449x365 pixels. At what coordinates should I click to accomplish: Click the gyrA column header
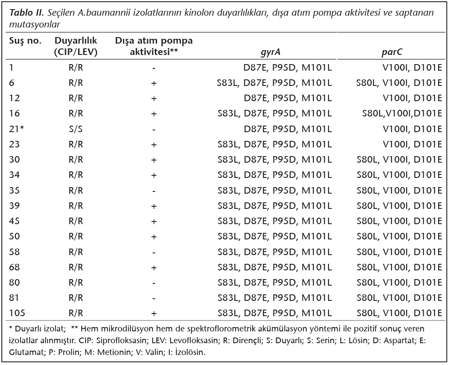(271, 52)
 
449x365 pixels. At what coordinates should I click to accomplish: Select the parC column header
(392, 52)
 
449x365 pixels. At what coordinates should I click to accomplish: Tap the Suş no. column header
(25, 41)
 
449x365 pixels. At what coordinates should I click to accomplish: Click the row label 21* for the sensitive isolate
(16, 129)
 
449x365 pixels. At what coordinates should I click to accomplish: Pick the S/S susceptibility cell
(75, 129)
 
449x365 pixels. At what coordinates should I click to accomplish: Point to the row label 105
(17, 313)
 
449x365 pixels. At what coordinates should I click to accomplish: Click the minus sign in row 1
(154, 68)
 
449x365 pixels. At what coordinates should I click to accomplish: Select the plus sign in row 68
(154, 268)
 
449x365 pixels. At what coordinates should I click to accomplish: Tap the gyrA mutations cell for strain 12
(288, 98)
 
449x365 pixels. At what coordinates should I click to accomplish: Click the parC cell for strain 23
(412, 144)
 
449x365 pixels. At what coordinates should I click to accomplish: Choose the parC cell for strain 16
(402, 114)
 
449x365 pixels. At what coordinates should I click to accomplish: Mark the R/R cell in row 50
(75, 236)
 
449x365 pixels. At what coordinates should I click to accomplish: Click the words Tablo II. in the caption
(26, 13)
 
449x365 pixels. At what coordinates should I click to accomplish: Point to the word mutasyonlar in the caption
(34, 24)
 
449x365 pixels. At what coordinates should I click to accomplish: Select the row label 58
(14, 252)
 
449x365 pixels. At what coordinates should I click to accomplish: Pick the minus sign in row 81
(154, 298)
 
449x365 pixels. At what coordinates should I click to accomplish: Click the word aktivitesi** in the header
(154, 52)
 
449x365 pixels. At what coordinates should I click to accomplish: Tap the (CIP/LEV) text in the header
(75, 52)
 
